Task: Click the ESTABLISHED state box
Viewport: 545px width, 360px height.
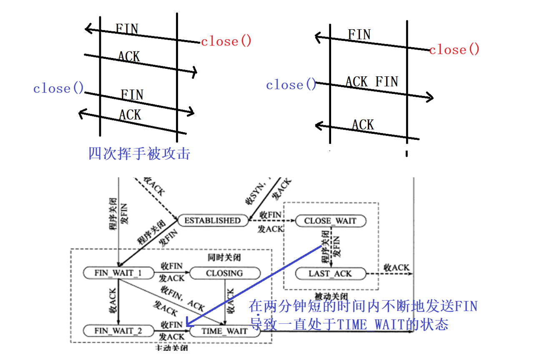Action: click(x=212, y=220)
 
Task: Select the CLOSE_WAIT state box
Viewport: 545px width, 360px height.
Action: click(x=330, y=221)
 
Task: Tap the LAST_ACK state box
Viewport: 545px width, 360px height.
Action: click(x=330, y=274)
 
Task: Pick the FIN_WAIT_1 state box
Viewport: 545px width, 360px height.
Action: click(x=118, y=273)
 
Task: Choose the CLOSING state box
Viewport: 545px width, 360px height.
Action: click(x=224, y=273)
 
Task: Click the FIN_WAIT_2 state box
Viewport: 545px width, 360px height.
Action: click(x=118, y=331)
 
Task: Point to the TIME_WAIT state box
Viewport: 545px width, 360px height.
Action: click(x=224, y=331)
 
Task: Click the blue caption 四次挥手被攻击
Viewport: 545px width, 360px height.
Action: click(x=139, y=154)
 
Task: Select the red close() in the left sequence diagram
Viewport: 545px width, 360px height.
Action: click(x=226, y=42)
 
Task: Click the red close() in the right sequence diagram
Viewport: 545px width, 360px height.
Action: click(x=454, y=50)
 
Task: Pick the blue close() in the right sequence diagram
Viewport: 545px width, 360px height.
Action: click(x=291, y=85)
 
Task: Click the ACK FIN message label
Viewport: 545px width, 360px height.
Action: click(x=372, y=82)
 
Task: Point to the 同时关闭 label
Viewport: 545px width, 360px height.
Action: click(x=224, y=258)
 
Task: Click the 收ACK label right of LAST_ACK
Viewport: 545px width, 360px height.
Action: click(x=397, y=267)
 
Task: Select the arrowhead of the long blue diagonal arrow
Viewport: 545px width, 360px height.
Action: click(x=187, y=325)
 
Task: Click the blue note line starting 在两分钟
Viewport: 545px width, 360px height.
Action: click(x=363, y=307)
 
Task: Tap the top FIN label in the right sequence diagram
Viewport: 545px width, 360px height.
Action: click(x=359, y=34)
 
